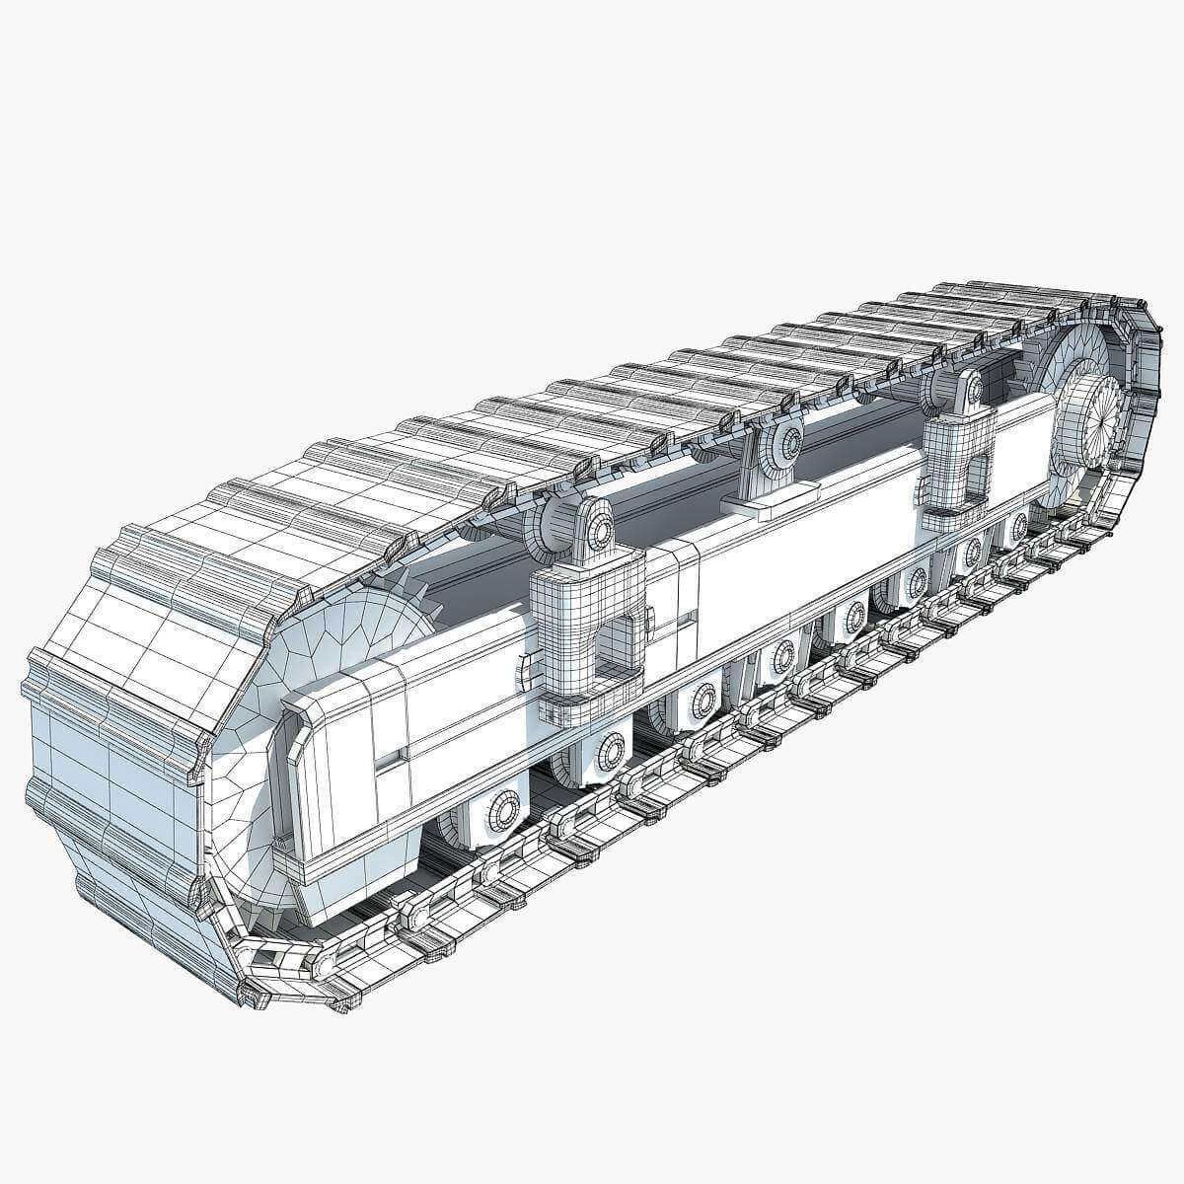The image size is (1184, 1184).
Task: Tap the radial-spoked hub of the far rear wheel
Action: [1096, 418]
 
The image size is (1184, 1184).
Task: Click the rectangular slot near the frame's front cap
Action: [393, 756]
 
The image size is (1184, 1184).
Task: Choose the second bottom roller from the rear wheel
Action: [973, 549]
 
